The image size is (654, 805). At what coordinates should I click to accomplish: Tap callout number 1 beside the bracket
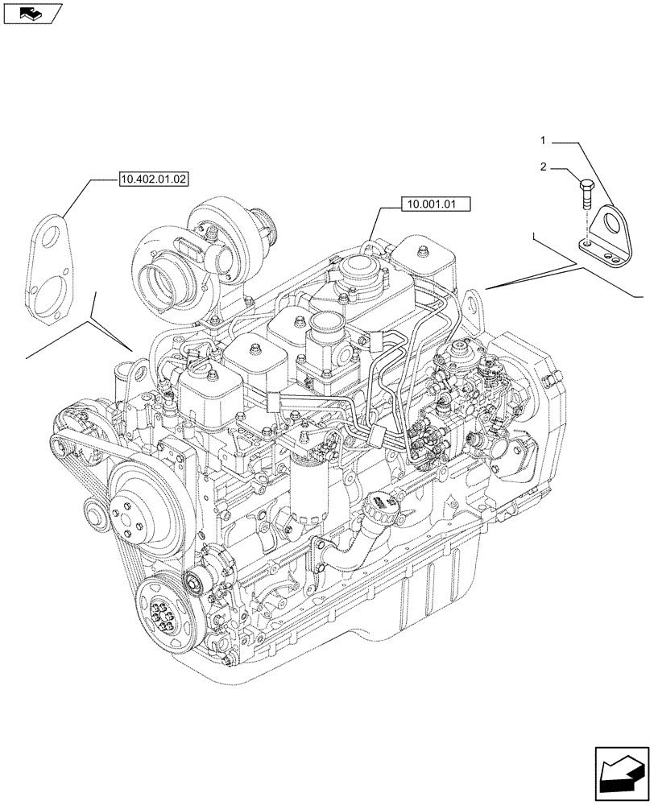coord(544,141)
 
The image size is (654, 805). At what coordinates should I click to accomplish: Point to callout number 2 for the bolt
coord(544,167)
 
